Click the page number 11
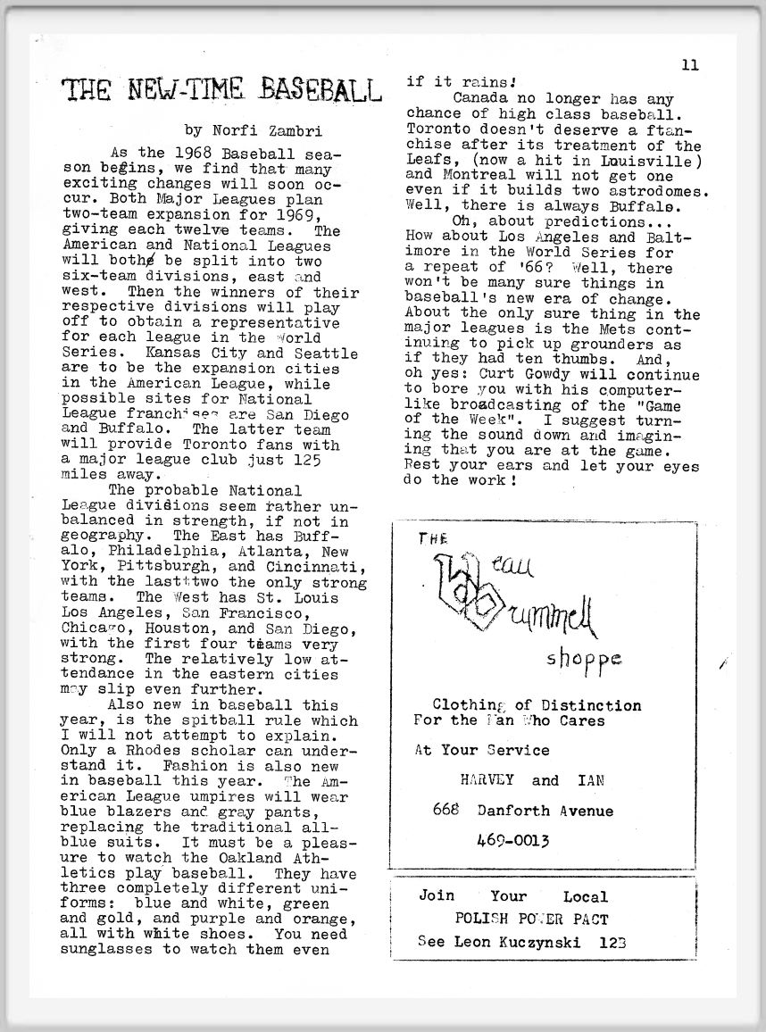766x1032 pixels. coord(689,64)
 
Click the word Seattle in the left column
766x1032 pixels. coord(326,354)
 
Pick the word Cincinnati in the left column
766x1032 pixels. coord(312,567)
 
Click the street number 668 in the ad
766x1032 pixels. coord(444,810)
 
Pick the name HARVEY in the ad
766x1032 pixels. coord(487,779)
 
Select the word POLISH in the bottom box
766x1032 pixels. coord(483,919)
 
